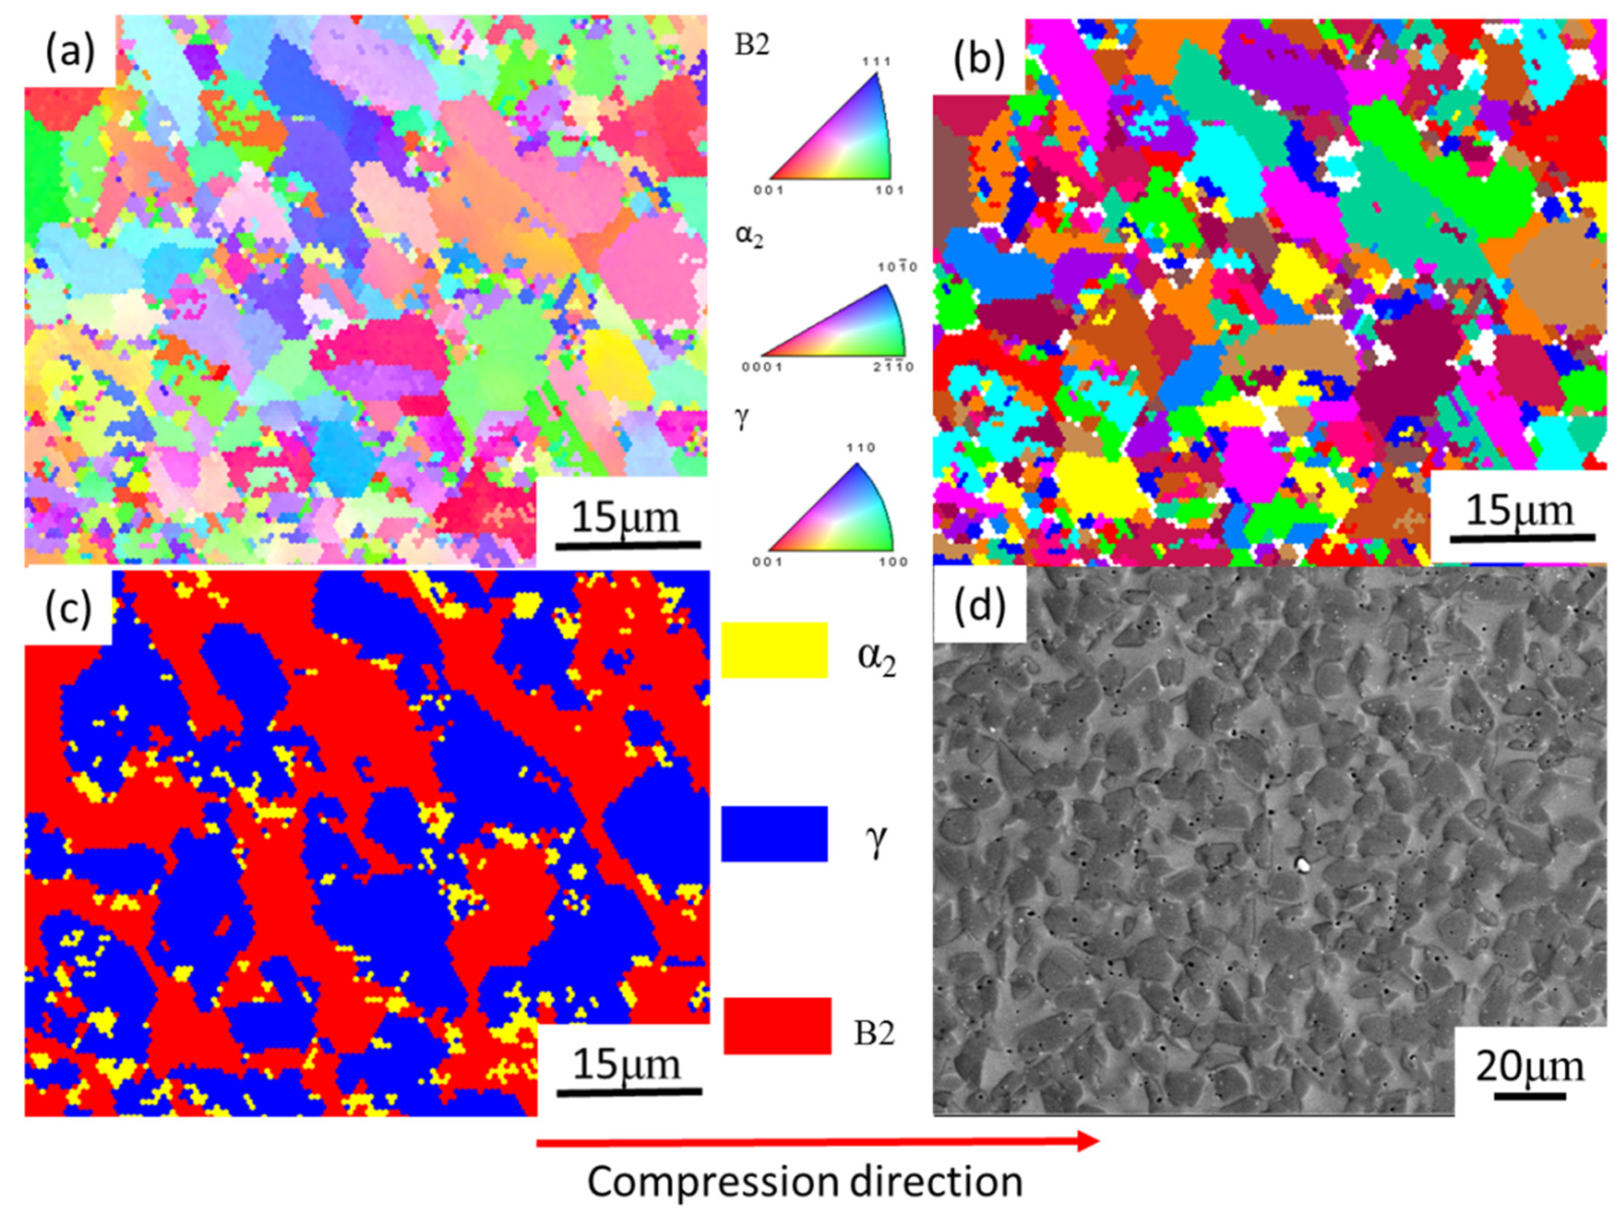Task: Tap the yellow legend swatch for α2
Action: click(x=774, y=649)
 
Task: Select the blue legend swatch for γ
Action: click(x=774, y=834)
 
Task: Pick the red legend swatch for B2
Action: click(x=777, y=1025)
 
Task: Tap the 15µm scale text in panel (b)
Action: click(x=1520, y=511)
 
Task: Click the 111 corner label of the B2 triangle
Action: click(x=876, y=61)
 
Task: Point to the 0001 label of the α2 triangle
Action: click(x=762, y=366)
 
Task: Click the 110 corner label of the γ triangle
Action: click(x=860, y=448)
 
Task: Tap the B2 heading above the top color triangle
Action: click(x=752, y=46)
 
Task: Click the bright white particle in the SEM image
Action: click(x=1303, y=865)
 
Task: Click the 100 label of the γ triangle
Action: click(x=893, y=562)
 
